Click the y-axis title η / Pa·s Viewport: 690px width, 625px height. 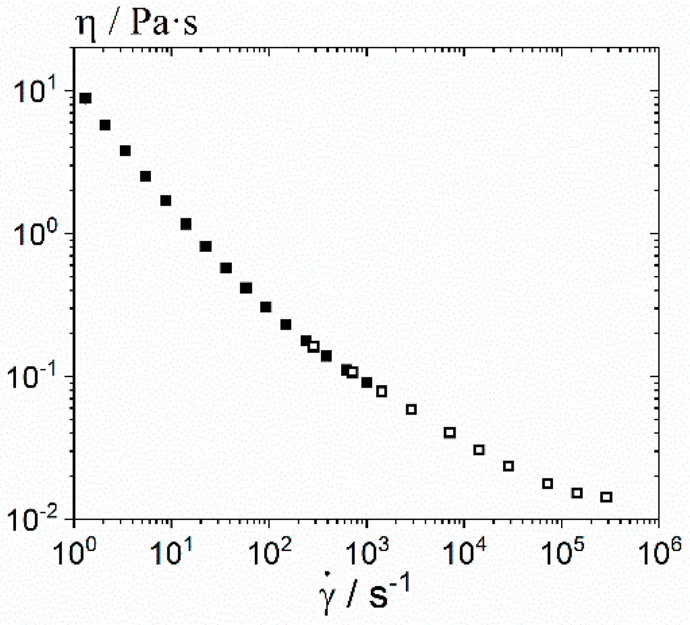136,24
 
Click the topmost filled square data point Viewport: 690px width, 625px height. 85,98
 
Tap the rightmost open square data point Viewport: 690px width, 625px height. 606,497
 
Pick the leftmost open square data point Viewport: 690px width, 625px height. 313,346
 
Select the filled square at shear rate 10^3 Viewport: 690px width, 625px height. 367,382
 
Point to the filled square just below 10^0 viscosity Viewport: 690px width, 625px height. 206,246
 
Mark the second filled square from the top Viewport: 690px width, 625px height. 105,125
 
